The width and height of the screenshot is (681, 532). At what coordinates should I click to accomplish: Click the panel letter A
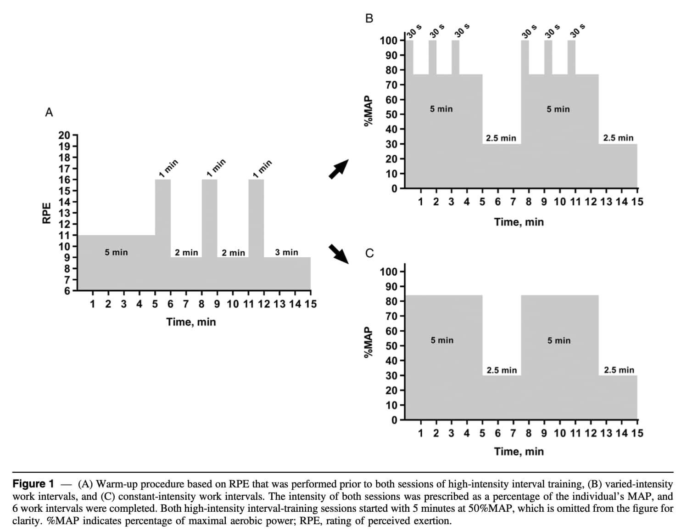49,113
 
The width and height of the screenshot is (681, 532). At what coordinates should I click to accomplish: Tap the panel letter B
369,18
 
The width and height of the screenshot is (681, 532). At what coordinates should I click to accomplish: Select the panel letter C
369,253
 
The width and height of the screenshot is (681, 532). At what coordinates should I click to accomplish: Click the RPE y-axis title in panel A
46,213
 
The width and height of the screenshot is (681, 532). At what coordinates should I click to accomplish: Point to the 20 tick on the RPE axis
65,136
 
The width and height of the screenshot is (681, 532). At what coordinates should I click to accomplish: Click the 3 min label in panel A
286,252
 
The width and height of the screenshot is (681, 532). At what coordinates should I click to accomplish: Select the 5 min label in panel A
116,252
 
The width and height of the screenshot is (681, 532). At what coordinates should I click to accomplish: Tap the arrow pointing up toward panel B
339,169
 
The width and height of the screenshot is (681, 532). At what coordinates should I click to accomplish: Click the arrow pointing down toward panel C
339,254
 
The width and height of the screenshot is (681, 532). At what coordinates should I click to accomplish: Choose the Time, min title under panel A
191,322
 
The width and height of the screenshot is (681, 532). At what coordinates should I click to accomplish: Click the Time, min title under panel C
519,451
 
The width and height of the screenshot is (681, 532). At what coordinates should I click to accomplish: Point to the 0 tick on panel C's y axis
394,420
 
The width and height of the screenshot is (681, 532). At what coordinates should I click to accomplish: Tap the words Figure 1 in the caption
33,484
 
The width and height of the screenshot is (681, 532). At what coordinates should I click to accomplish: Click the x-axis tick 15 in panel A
311,304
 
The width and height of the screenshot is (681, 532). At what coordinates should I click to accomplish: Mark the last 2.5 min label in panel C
619,370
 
